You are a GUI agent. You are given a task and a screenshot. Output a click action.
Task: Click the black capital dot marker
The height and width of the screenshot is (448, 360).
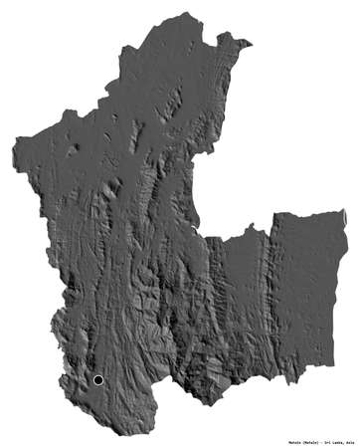click(97, 379)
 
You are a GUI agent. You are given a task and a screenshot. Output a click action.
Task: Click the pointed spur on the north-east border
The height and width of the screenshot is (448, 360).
click(250, 43)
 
